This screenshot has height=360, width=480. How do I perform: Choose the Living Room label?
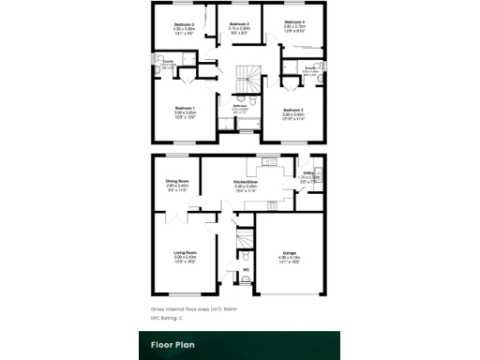(184, 253)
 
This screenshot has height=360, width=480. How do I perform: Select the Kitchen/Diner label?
(246, 181)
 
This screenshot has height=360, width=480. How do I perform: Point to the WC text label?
(246, 271)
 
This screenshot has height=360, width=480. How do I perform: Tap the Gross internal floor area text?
(194, 307)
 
